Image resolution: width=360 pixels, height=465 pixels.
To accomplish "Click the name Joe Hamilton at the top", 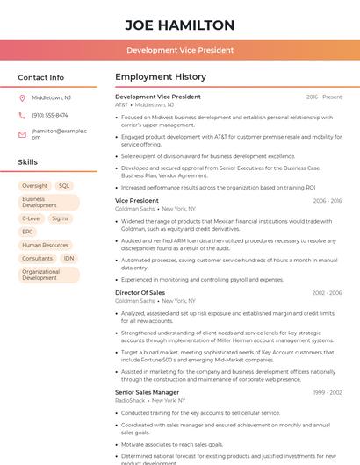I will (x=180, y=25).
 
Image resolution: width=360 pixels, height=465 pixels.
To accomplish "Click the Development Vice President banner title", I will (x=180, y=50).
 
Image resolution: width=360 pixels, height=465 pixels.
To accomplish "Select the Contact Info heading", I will (x=41, y=77).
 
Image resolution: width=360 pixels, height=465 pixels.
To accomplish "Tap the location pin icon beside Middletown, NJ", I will (x=22, y=97).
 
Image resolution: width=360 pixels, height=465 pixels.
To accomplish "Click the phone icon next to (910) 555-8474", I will (x=22, y=115).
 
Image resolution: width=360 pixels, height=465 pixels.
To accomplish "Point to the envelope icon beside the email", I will (x=22, y=133).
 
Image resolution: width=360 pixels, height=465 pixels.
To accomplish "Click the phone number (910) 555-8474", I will (x=50, y=115).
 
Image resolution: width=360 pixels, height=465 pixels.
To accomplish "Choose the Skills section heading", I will (x=28, y=162).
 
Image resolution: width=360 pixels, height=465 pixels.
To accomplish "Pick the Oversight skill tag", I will (x=35, y=186).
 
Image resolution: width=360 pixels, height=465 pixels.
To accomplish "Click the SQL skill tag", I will (x=64, y=186).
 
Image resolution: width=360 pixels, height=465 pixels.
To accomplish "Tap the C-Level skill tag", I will (x=32, y=218).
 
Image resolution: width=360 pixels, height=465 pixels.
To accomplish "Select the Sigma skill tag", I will (x=60, y=218).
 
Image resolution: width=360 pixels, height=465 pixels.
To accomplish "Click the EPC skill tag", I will (x=28, y=232).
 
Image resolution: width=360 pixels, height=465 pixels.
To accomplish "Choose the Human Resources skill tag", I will (x=45, y=246).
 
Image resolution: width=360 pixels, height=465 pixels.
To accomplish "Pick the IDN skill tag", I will (x=68, y=259).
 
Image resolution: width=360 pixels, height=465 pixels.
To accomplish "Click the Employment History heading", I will (x=161, y=77).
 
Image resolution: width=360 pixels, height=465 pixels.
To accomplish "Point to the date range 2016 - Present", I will (x=324, y=97).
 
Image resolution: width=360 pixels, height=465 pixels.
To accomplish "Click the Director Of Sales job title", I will (x=140, y=292).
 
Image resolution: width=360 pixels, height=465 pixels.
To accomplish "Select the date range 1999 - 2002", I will (x=328, y=392).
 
